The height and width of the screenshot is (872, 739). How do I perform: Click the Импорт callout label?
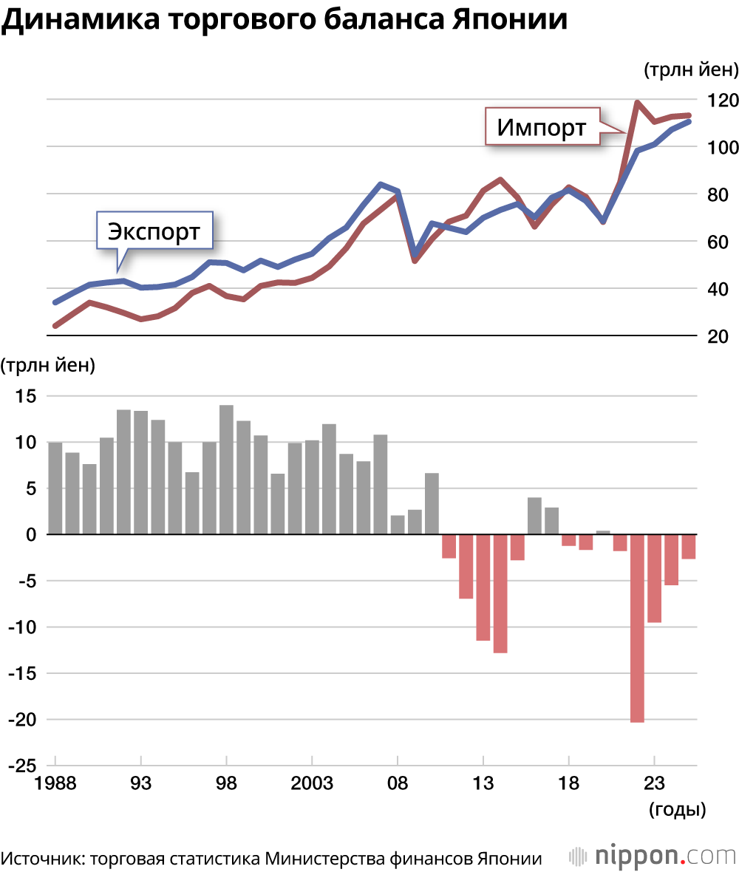click(541, 127)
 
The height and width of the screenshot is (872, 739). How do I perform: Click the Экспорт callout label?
click(154, 231)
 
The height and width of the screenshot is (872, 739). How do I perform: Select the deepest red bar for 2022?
click(637, 627)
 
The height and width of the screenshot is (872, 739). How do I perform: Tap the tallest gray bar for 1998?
click(226, 469)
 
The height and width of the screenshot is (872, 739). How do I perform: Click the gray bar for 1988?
click(55, 488)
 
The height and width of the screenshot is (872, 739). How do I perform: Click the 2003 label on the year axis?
click(312, 783)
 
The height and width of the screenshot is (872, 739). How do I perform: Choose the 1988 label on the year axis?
click(55, 783)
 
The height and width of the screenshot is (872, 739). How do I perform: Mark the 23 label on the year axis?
click(654, 783)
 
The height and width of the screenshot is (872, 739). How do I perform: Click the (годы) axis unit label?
click(677, 809)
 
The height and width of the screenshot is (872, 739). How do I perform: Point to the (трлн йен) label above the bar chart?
click(48, 364)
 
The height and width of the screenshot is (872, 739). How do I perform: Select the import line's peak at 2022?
click(637, 103)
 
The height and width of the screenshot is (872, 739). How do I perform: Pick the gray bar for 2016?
click(534, 516)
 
